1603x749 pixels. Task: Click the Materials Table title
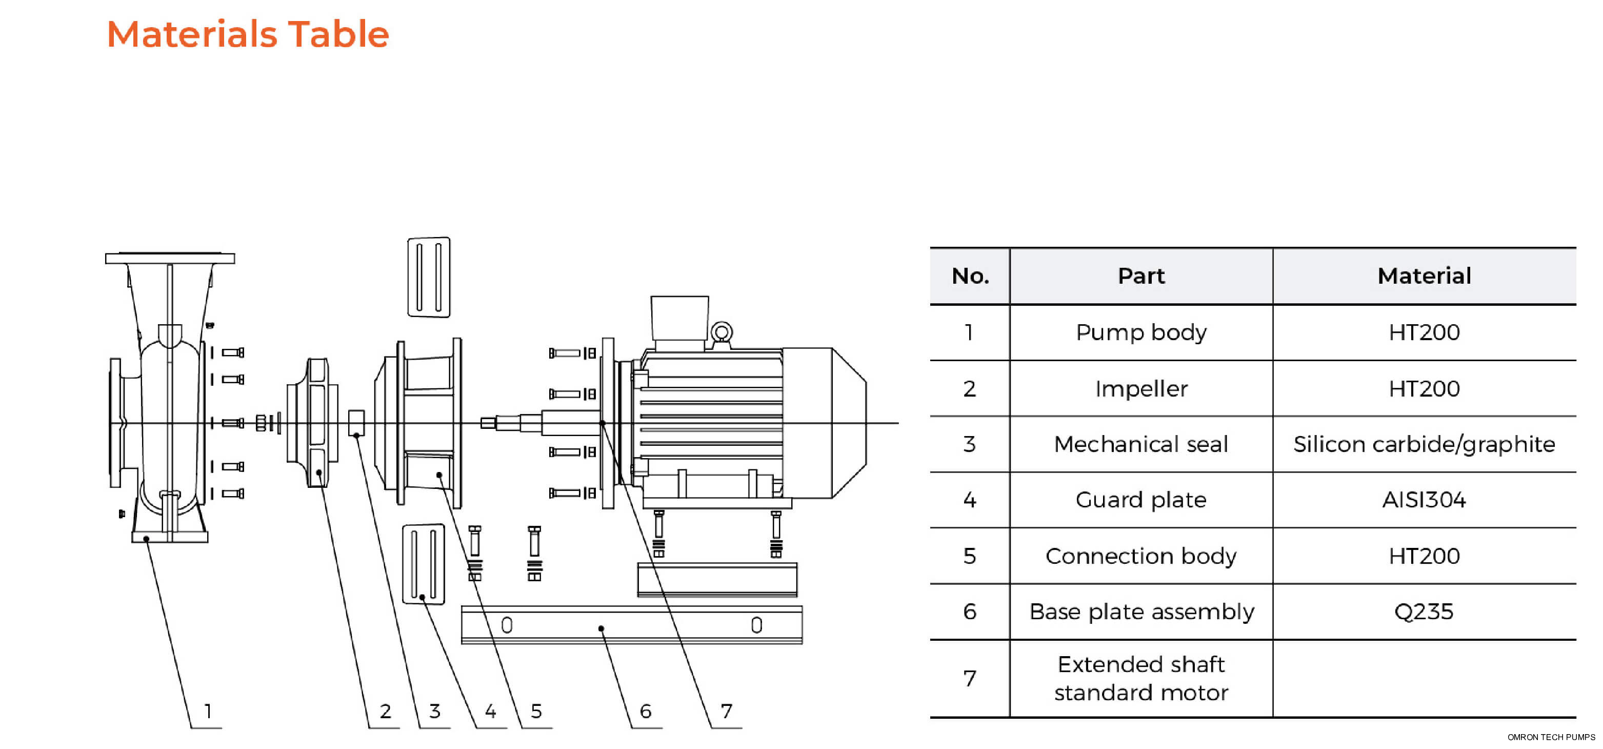[x=248, y=34]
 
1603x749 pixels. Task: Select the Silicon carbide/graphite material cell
[x=1424, y=444]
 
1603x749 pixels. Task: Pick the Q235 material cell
[x=1424, y=612]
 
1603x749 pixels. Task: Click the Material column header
[x=1424, y=276]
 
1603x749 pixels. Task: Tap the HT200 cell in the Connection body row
[x=1424, y=556]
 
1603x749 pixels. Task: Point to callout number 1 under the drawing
[x=208, y=711]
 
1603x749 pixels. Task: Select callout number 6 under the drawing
[x=645, y=711]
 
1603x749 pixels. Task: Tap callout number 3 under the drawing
[x=434, y=711]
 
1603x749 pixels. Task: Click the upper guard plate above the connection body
[x=429, y=277]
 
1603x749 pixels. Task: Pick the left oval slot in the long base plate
[x=507, y=624]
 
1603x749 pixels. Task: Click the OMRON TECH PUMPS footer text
[x=1551, y=737]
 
